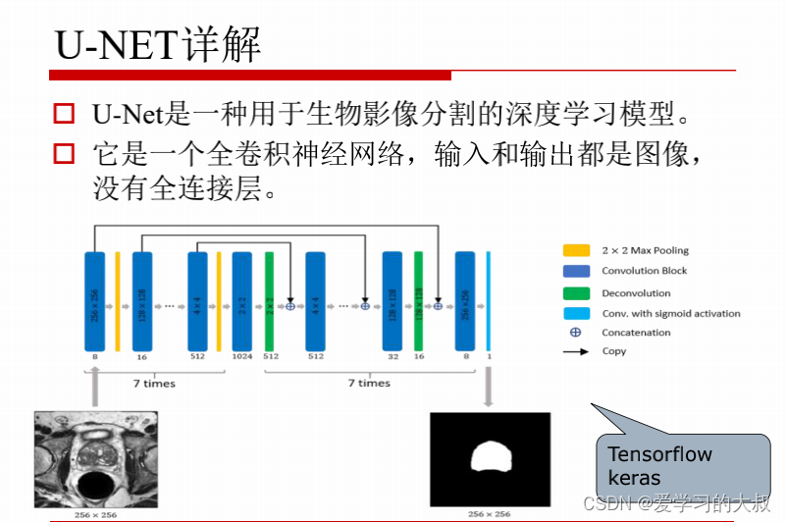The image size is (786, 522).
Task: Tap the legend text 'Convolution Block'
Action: coord(644,271)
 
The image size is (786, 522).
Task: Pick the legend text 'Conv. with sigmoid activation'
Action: coord(670,313)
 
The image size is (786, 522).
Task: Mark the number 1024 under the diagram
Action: coord(242,357)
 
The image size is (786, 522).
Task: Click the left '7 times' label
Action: coord(155,383)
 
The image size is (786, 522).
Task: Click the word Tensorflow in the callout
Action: coord(659,454)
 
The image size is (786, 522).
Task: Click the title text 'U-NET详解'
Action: coord(158,44)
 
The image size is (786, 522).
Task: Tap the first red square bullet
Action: coord(64,115)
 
